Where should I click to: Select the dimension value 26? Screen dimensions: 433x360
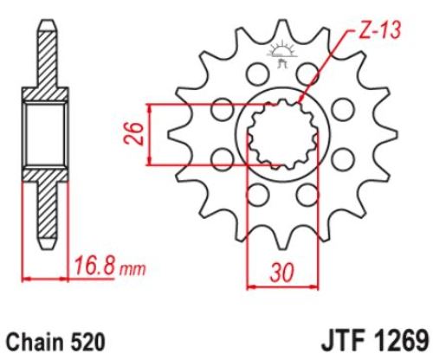click(x=133, y=134)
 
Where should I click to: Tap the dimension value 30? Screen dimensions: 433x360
click(x=281, y=272)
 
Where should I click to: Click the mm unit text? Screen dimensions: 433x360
click(x=132, y=270)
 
